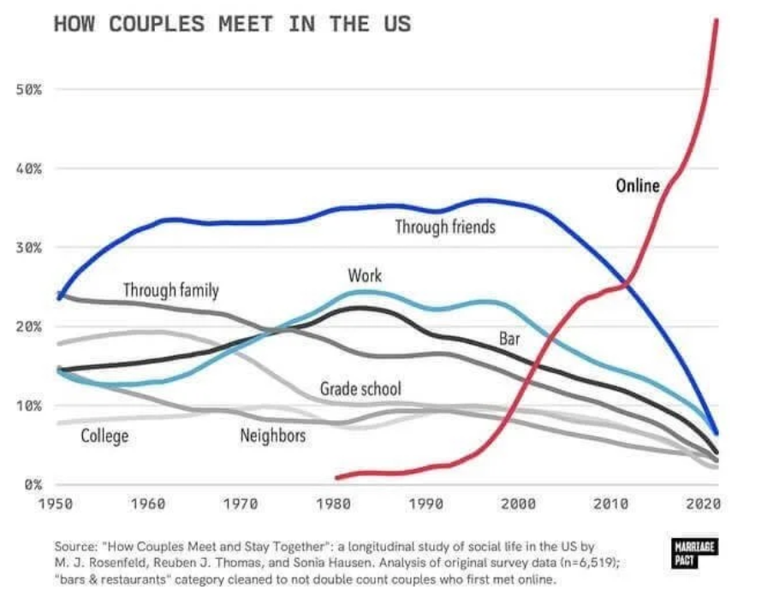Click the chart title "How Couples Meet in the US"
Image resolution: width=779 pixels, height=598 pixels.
coord(232,24)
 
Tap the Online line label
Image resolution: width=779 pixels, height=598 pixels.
coord(638,185)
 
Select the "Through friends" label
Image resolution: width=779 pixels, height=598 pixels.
coord(444,227)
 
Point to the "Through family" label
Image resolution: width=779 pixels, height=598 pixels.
coord(170,291)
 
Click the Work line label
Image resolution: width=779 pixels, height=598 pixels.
coord(365,275)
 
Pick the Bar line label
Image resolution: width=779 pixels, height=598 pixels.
coord(509,340)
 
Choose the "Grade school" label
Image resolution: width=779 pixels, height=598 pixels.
coord(360,389)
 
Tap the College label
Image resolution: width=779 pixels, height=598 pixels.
coord(104,436)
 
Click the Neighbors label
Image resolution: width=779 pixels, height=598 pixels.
coord(272,436)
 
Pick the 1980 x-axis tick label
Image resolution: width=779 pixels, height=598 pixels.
coord(331,505)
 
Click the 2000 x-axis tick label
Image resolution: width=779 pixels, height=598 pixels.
coord(518,505)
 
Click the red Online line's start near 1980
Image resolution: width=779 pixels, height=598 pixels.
coord(337,477)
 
